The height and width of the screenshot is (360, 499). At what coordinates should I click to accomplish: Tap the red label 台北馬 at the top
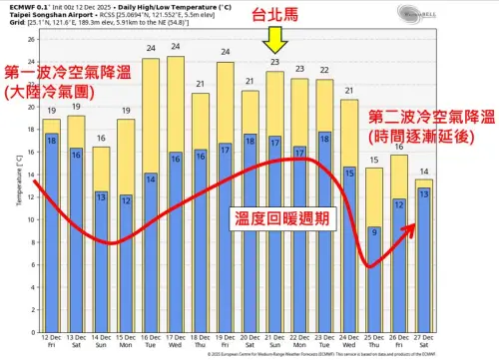tap(276, 16)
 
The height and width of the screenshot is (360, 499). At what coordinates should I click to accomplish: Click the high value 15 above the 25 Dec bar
tap(373, 162)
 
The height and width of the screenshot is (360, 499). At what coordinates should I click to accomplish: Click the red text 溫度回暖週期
tap(281, 217)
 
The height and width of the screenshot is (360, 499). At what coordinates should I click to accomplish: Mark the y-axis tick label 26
tap(32, 41)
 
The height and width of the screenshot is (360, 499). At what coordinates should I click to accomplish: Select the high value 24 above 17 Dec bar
tap(176, 48)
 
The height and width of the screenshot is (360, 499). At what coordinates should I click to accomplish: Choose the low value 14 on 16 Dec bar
tap(151, 180)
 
